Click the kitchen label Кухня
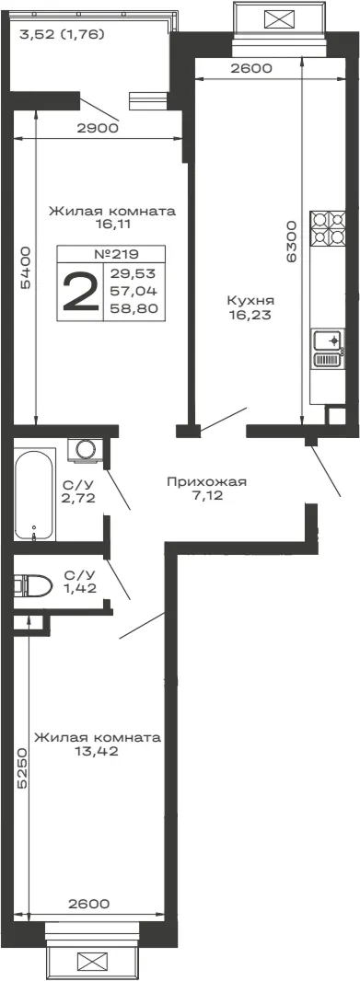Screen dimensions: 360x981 click(249, 300)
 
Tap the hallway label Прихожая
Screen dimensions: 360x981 click(206, 481)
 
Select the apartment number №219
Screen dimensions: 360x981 click(115, 254)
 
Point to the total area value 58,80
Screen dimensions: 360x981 click(134, 307)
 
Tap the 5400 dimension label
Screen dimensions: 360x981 click(25, 269)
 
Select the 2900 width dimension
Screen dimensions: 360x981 click(98, 129)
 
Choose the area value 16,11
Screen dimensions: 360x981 click(112, 224)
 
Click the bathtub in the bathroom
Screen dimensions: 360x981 click(34, 494)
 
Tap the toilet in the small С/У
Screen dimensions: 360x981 click(33, 585)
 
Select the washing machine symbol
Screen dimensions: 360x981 click(85, 450)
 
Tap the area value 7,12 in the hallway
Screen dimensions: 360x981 click(207, 496)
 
